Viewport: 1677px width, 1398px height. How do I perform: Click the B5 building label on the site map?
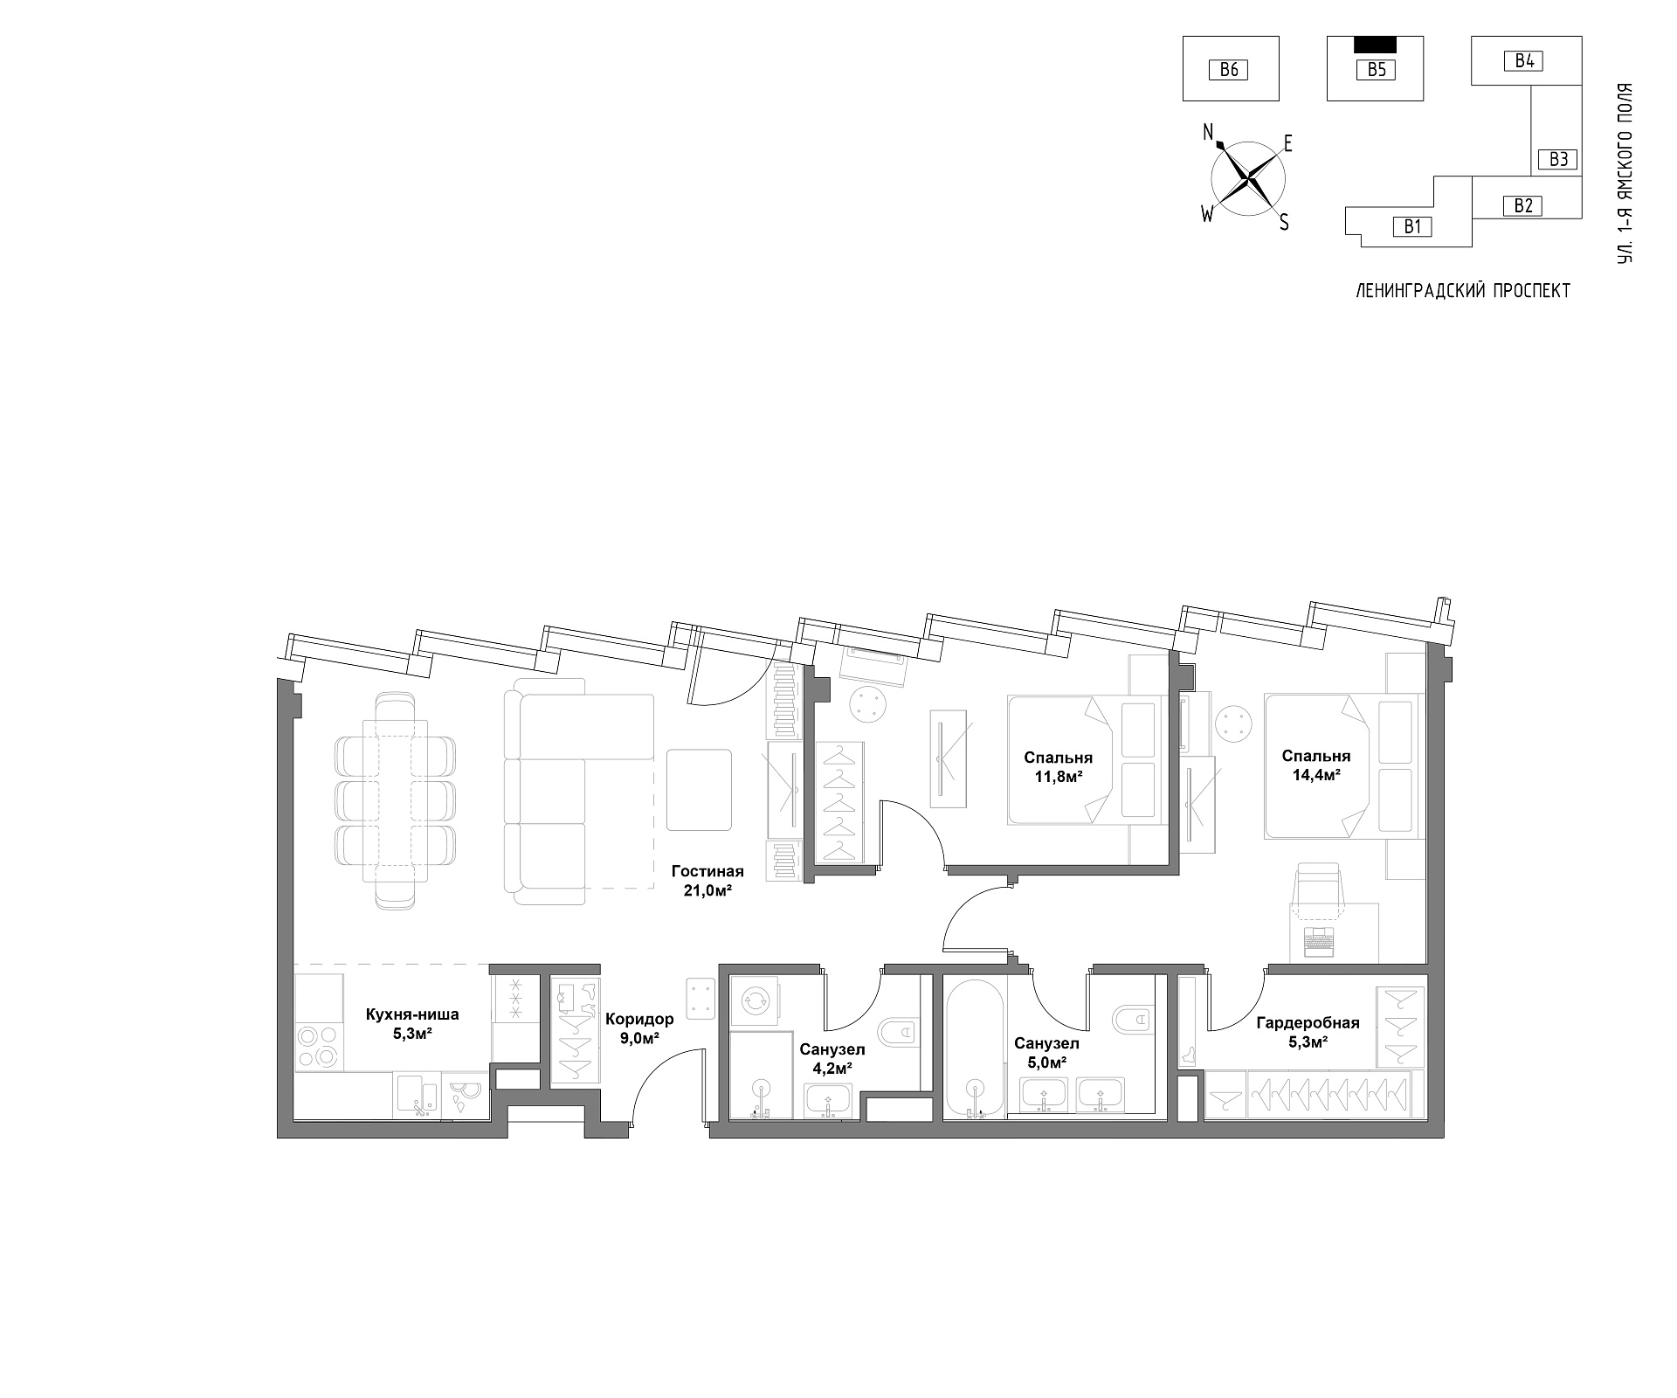(x=1376, y=70)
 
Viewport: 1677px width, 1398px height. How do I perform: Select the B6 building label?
(x=1229, y=70)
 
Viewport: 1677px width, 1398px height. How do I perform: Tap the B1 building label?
(x=1412, y=227)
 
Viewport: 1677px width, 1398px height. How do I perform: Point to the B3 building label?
(x=1559, y=159)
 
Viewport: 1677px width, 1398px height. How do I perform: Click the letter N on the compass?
(x=1208, y=133)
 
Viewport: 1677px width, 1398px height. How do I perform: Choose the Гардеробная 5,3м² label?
(x=1308, y=1032)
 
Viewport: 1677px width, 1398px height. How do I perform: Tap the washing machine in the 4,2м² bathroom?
(x=754, y=1002)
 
